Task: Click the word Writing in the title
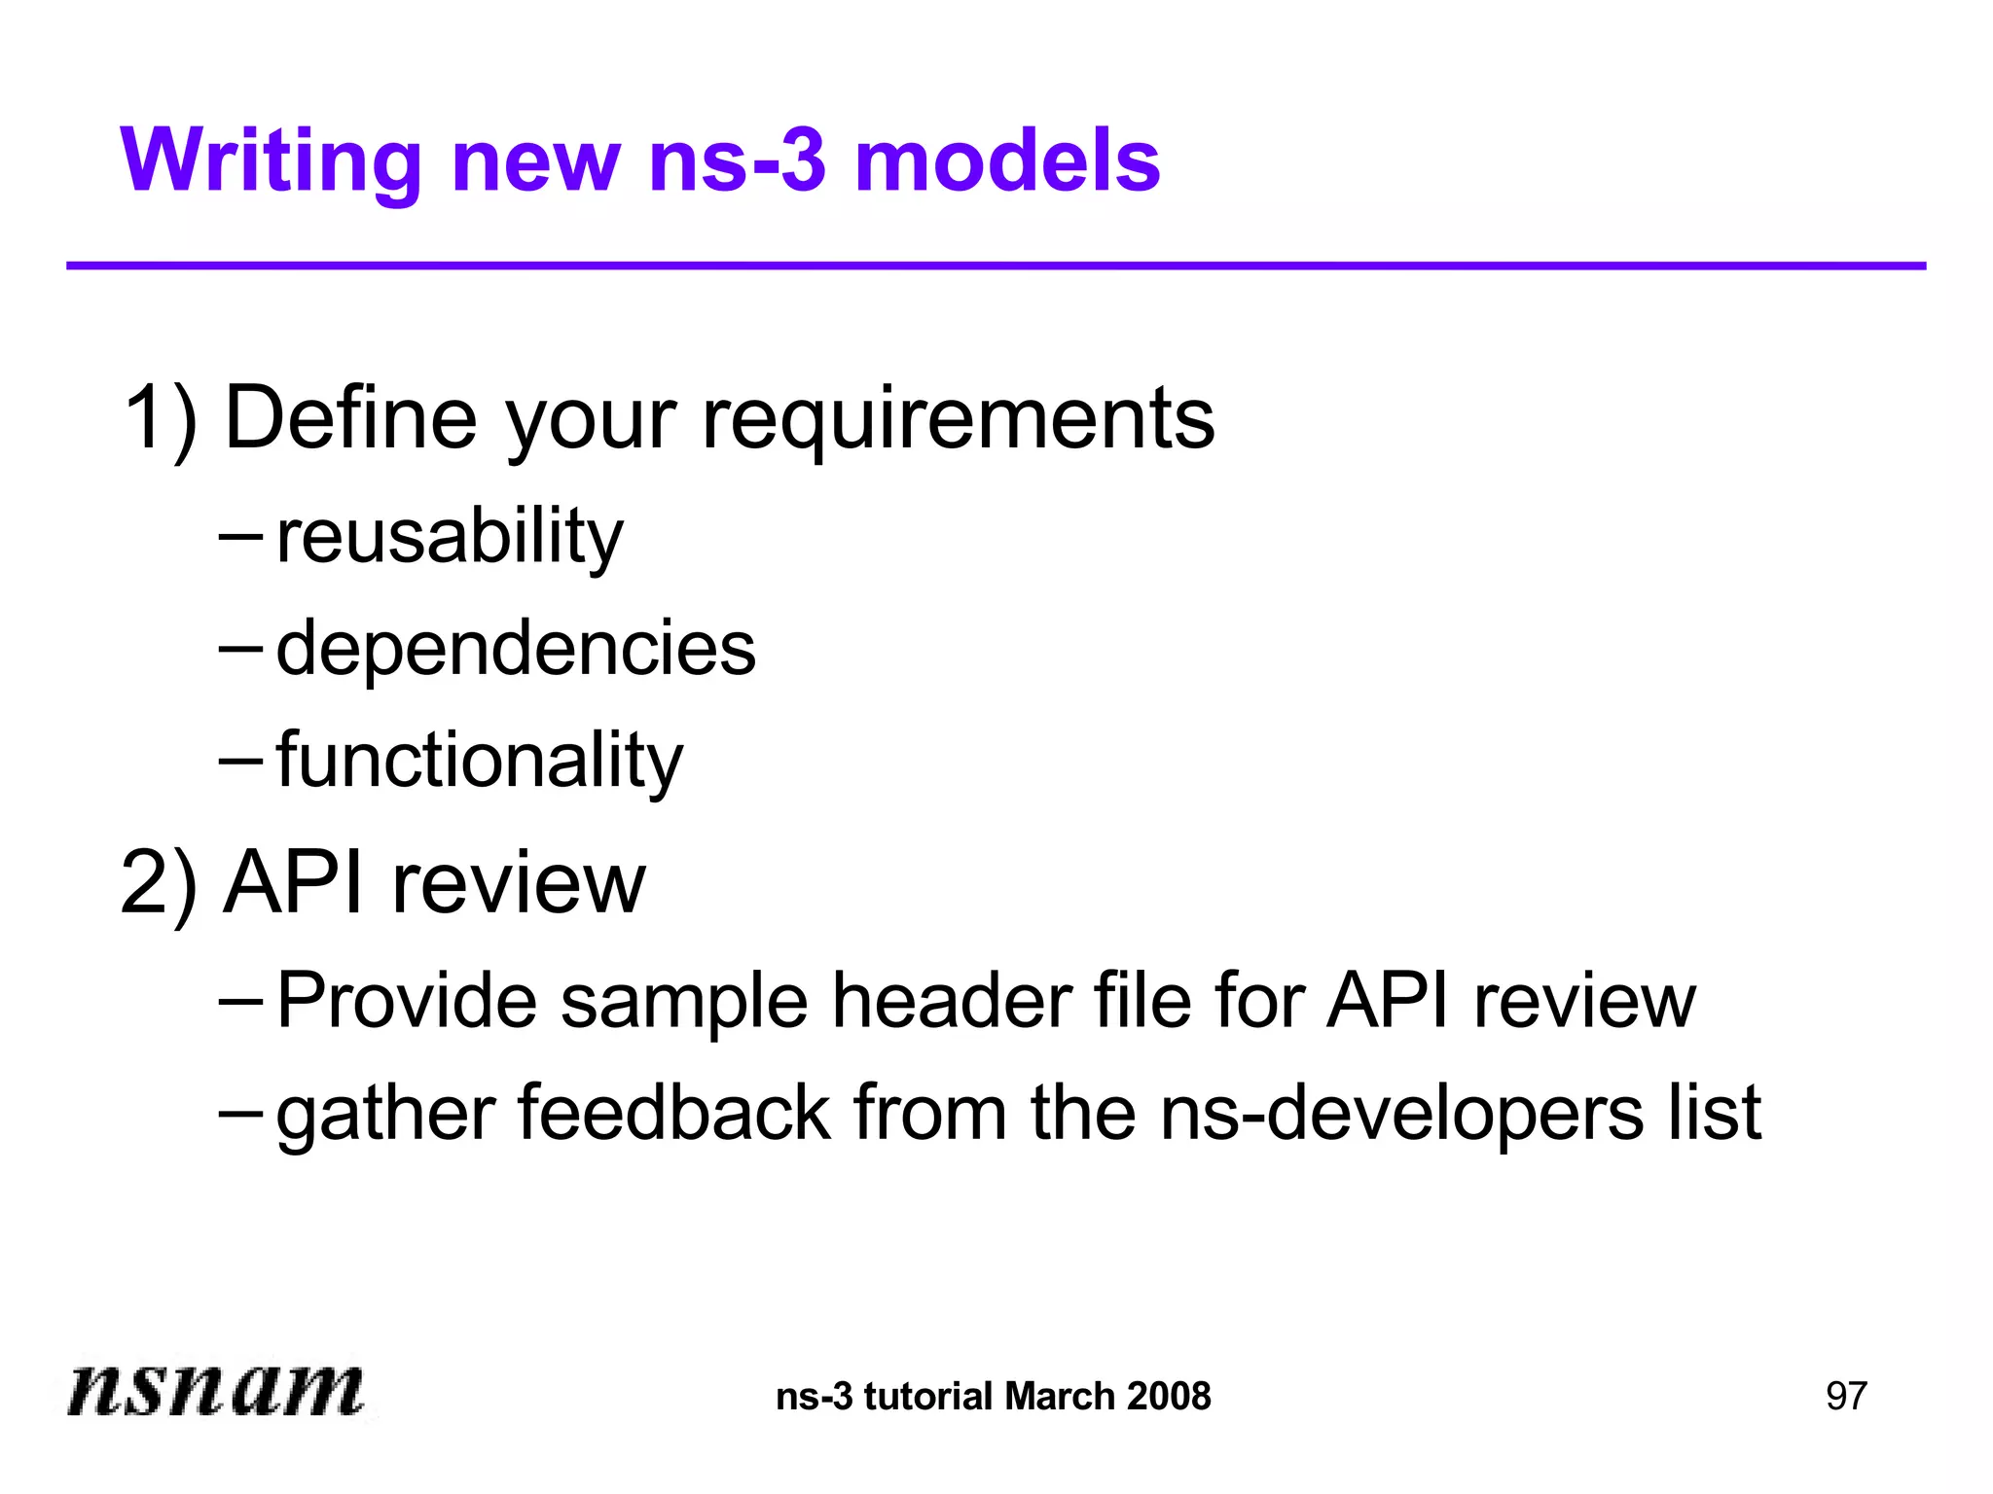271,163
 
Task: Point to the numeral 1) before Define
161,418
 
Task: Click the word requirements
958,420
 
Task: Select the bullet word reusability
450,537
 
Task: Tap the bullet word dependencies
516,649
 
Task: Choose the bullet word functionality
480,761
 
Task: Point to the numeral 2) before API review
159,883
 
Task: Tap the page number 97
1846,1397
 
